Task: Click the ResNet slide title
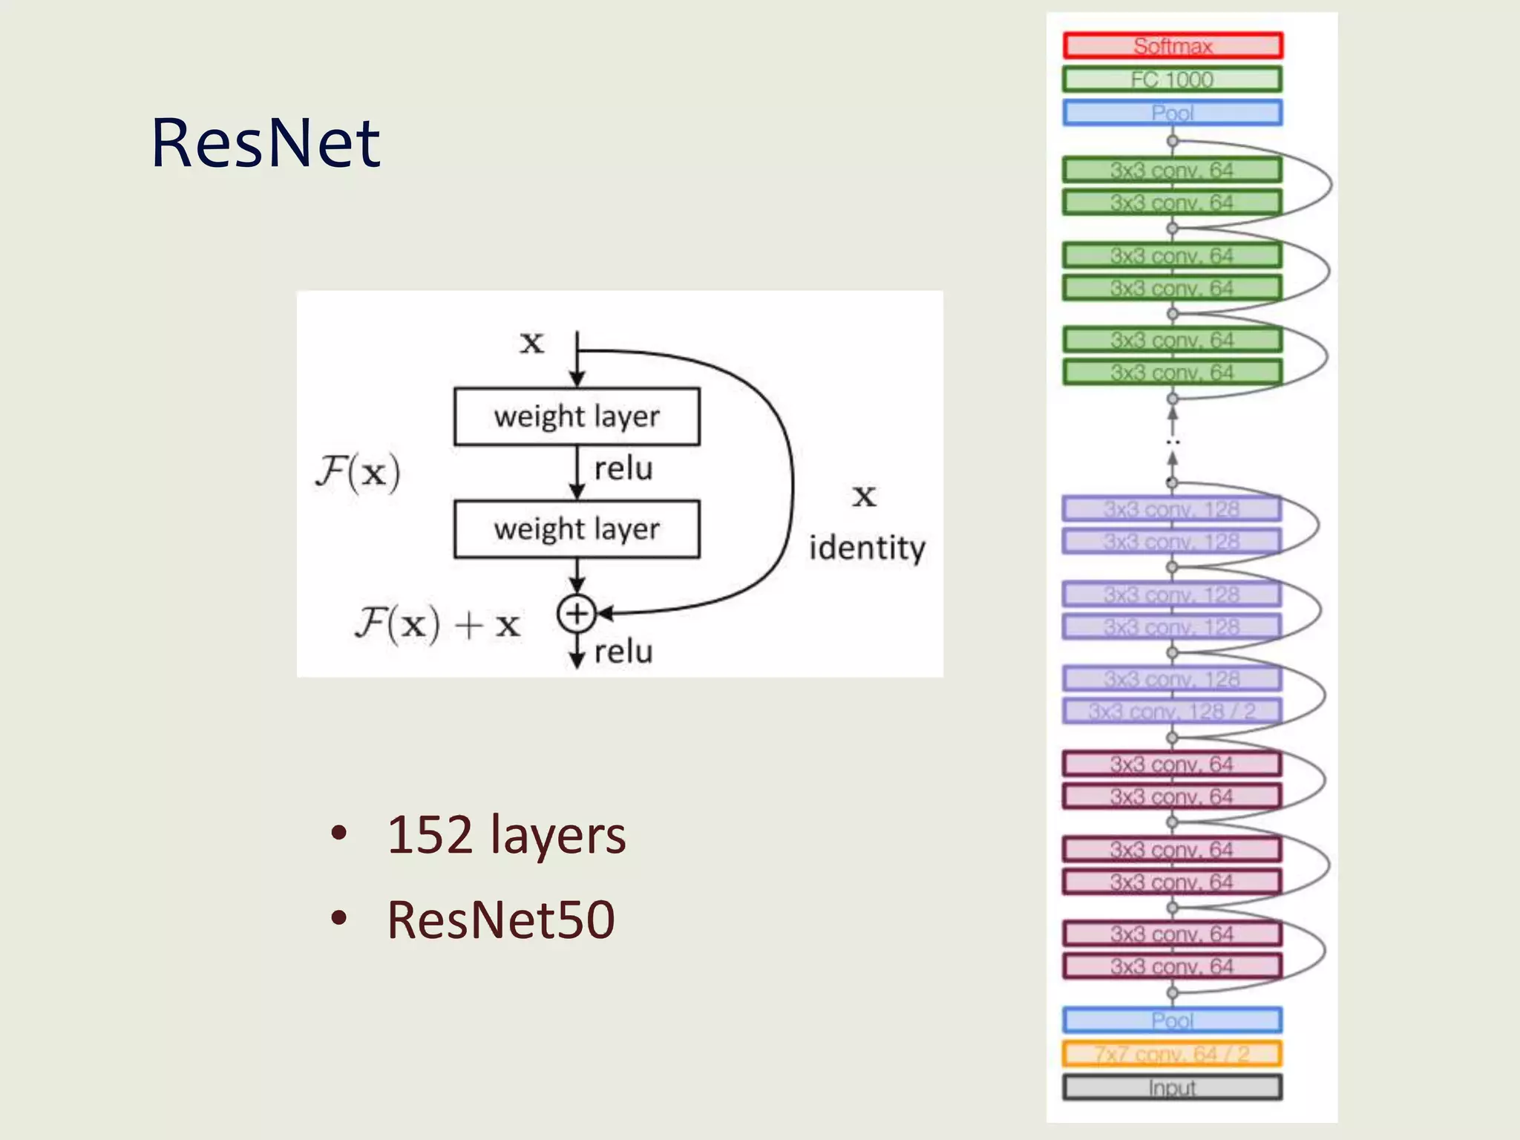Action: click(265, 142)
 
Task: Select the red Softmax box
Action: click(1172, 46)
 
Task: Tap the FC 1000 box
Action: click(1172, 79)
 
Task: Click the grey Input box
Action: click(1172, 1087)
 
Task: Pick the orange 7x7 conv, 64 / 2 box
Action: click(1172, 1054)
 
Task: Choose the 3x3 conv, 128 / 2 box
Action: click(1172, 711)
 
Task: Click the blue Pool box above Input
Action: click(1172, 1021)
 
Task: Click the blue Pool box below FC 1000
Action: click(1172, 113)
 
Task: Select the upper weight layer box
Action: click(577, 416)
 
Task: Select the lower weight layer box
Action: click(577, 529)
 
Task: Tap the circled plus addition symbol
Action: click(577, 614)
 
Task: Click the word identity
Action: click(867, 548)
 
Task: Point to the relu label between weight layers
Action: click(623, 469)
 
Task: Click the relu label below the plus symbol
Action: click(623, 652)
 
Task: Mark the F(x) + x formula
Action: click(438, 623)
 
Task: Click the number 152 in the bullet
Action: click(430, 835)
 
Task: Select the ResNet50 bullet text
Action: click(501, 920)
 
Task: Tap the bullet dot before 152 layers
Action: click(339, 833)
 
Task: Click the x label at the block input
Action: click(531, 343)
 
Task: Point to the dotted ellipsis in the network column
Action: click(1172, 442)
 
